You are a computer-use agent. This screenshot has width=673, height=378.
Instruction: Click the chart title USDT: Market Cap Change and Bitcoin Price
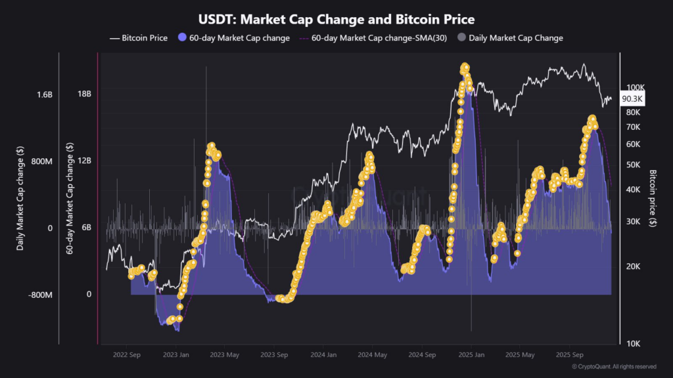pos(336,20)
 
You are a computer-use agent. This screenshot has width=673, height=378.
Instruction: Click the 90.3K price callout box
pos(632,98)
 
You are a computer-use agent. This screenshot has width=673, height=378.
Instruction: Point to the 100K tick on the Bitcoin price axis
pos(634,87)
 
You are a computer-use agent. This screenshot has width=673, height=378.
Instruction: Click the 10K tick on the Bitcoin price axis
pos(632,344)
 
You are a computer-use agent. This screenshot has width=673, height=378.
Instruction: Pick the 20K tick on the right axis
pos(632,266)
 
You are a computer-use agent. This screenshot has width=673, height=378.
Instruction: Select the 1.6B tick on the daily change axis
pos(44,94)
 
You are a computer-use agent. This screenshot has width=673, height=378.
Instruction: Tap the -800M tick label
pos(40,295)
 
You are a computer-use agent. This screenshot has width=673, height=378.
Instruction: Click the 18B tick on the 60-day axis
pos(84,94)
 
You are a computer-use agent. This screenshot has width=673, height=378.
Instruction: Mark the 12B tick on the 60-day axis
pos(84,161)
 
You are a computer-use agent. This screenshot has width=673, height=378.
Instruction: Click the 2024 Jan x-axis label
pos(323,355)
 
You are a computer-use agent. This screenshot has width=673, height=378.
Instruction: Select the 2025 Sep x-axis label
pos(570,355)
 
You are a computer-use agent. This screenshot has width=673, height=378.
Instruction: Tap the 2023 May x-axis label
pos(225,355)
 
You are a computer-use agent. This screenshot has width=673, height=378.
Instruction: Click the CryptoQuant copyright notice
pos(614,366)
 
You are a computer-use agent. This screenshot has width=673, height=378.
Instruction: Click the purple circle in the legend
pos(183,38)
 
